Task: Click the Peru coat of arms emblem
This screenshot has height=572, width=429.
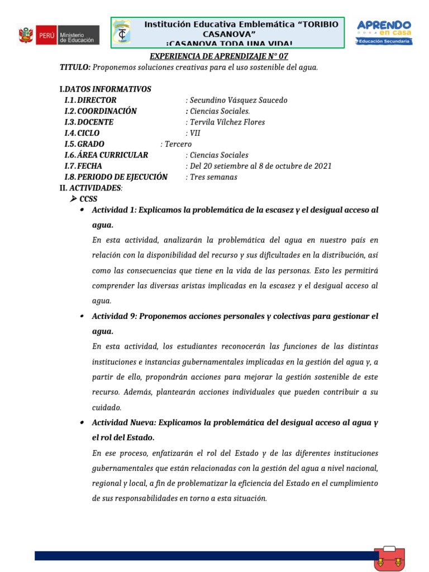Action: [x=26, y=35]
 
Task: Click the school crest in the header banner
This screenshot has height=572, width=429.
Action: [x=121, y=32]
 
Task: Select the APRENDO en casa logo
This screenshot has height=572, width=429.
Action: [x=384, y=32]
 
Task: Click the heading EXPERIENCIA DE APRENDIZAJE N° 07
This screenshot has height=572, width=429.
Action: [x=219, y=56]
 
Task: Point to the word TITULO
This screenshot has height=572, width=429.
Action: [x=75, y=67]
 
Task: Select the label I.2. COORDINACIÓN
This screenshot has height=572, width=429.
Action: [x=101, y=111]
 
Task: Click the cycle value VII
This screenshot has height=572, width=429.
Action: [x=193, y=133]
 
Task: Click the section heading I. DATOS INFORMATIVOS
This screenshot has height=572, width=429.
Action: [x=105, y=89]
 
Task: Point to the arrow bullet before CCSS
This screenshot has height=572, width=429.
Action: [x=73, y=199]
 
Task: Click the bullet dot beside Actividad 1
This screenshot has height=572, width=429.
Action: [x=82, y=210]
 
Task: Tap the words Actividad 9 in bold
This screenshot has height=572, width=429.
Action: [x=114, y=316]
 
